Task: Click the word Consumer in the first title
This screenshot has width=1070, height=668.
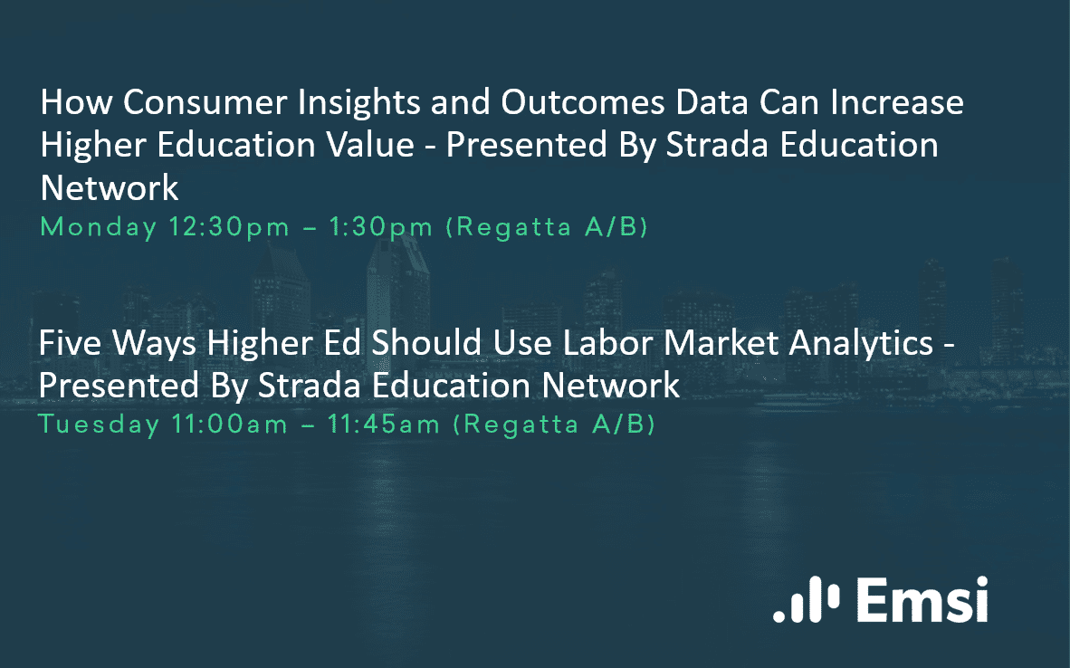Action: [205, 102]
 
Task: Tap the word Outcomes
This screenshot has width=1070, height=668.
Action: [583, 102]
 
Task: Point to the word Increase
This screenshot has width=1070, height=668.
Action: [897, 102]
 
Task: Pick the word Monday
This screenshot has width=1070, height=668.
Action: [99, 228]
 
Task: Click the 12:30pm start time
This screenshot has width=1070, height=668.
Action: [229, 228]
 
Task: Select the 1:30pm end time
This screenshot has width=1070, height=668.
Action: [381, 228]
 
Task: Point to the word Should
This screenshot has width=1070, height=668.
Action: [427, 342]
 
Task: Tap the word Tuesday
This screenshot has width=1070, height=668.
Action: [99, 425]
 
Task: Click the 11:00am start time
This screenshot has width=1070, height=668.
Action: [229, 425]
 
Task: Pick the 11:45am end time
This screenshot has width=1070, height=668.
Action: [384, 425]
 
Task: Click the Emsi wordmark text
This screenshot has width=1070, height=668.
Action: [922, 600]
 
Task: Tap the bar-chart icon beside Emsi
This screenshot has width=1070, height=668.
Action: [807, 600]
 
